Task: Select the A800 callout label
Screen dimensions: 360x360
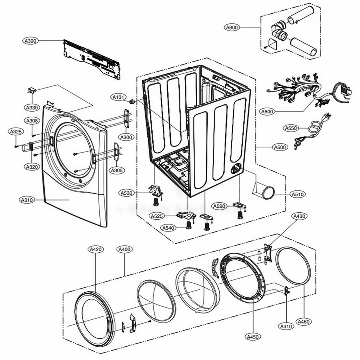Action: [233, 27]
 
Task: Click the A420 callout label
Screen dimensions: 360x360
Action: [95, 249]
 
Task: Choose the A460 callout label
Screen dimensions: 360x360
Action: [304, 321]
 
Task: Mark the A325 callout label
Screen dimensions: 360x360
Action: [16, 132]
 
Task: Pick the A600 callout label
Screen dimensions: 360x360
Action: [267, 112]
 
